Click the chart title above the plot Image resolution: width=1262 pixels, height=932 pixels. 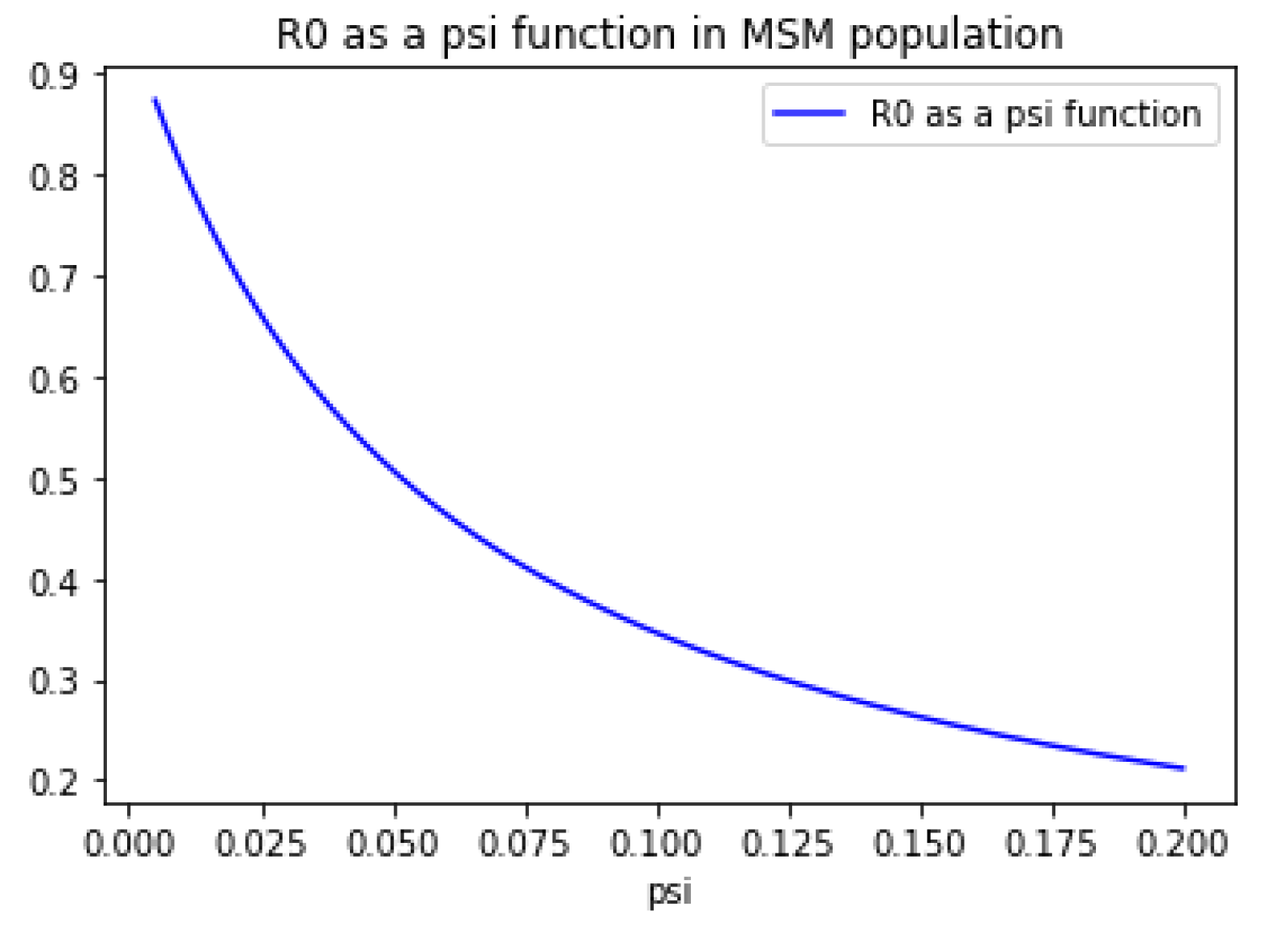pyautogui.click(x=669, y=35)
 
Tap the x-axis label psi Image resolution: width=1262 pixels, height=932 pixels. pyautogui.click(x=670, y=892)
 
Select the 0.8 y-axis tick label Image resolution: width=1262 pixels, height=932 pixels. pyautogui.click(x=53, y=176)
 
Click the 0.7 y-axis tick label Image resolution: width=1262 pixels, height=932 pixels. pyautogui.click(x=53, y=278)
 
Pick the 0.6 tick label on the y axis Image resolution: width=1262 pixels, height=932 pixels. pyautogui.click(x=53, y=379)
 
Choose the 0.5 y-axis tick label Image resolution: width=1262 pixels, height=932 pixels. pyautogui.click(x=53, y=481)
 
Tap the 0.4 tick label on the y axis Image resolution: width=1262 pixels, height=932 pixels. pyautogui.click(x=53, y=582)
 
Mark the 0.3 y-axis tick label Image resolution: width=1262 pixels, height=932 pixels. pyautogui.click(x=53, y=682)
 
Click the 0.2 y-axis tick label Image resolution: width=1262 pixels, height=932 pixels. pyautogui.click(x=53, y=783)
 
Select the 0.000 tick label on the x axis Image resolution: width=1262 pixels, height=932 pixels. pyautogui.click(x=129, y=844)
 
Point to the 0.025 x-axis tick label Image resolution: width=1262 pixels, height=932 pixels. pyautogui.click(x=261, y=844)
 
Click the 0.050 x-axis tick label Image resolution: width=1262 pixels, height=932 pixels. pyautogui.click(x=393, y=844)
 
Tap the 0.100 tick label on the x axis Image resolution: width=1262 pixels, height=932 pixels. pyautogui.click(x=656, y=844)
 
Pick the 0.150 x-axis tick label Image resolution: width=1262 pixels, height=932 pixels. pyautogui.click(x=919, y=844)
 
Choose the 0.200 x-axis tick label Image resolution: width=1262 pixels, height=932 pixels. pyautogui.click(x=1183, y=844)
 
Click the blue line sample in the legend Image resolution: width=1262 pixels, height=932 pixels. pyautogui.click(x=808, y=113)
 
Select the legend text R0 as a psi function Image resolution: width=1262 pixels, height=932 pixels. pyautogui.click(x=1035, y=114)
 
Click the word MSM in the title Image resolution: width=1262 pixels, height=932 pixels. pyautogui.click(x=787, y=35)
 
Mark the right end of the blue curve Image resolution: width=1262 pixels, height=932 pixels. pyautogui.click(x=1183, y=767)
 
